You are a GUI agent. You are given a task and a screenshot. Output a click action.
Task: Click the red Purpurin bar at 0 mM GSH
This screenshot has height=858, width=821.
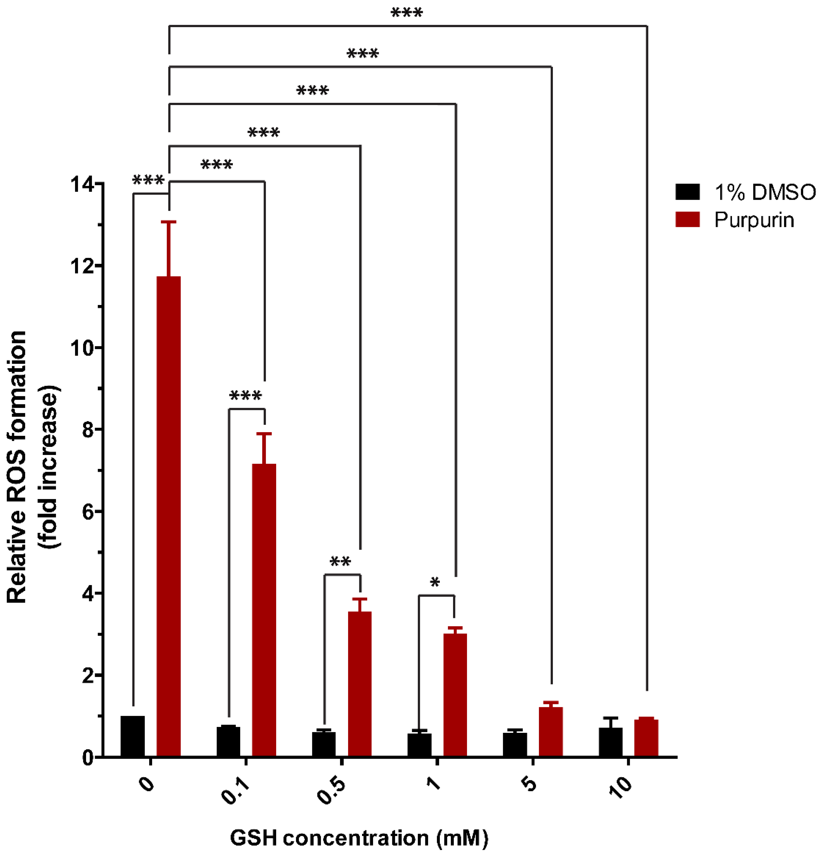pyautogui.click(x=169, y=517)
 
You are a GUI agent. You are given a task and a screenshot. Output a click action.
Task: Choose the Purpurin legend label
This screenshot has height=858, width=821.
pyautogui.click(x=754, y=220)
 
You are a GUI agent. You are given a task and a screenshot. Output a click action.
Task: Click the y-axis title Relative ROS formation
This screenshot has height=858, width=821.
pyautogui.click(x=17, y=468)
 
